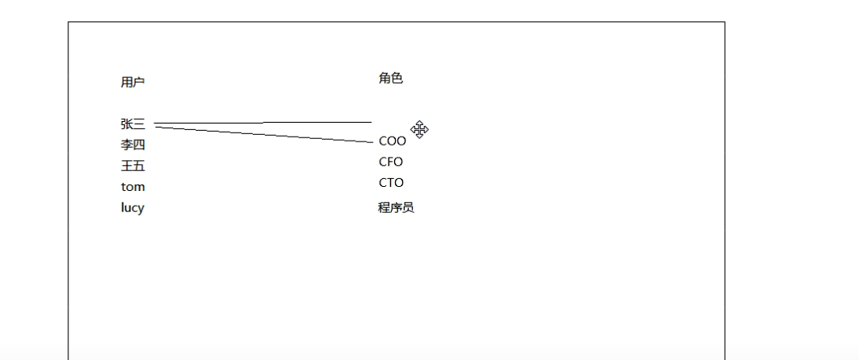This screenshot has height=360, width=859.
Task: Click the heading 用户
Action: click(132, 82)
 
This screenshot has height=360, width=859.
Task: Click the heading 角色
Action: click(390, 79)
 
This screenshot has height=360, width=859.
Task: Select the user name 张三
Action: click(132, 124)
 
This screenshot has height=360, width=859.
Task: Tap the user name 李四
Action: click(132, 145)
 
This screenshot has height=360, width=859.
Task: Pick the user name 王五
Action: click(132, 166)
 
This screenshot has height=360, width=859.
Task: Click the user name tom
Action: click(132, 187)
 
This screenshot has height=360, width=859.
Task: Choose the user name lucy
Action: click(132, 207)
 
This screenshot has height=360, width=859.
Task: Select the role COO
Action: click(392, 141)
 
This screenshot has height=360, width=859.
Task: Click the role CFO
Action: click(391, 162)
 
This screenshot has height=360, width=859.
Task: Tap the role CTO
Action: click(391, 183)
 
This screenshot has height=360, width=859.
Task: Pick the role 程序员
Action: click(396, 207)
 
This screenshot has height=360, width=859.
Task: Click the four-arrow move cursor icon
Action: click(419, 129)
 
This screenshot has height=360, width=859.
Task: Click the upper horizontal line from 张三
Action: click(317, 122)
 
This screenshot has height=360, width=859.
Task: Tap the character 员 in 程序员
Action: click(408, 207)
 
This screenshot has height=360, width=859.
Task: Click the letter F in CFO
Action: click(391, 162)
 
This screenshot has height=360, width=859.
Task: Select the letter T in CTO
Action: click(391, 183)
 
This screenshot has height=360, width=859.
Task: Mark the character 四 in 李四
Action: click(139, 145)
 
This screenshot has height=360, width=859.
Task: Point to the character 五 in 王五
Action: click(139, 166)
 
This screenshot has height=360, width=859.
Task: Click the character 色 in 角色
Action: click(397, 79)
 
